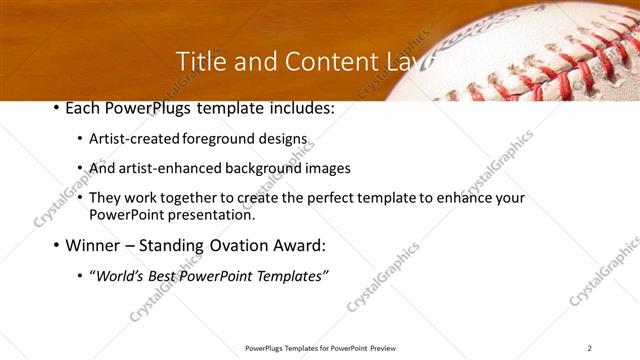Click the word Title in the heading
198,62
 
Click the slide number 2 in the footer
590,348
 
